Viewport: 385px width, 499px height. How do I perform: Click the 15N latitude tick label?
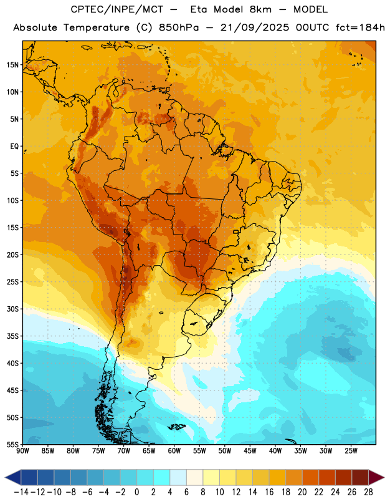pos(12,65)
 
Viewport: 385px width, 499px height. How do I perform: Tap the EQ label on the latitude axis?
pos(14,147)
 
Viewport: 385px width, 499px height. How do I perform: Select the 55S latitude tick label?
pos(12,444)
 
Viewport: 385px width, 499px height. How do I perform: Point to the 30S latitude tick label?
pos(12,309)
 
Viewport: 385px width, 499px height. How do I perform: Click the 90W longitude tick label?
pos(22,451)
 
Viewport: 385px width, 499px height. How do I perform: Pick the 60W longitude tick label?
pos(174,451)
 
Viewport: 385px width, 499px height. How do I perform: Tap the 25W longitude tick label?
pos(351,451)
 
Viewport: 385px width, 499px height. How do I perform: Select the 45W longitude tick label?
pos(250,451)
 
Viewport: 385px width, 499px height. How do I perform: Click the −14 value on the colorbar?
pos(21,492)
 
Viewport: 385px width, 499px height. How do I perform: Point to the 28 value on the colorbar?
pos(368,492)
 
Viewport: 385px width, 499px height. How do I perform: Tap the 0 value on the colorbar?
pos(136,492)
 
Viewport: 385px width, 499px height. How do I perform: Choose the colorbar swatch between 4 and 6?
pos(178,477)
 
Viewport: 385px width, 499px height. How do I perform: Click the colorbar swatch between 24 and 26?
pos(344,477)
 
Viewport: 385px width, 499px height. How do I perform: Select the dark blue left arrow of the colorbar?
pos(13,477)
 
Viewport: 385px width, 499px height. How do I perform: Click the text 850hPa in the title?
pos(179,27)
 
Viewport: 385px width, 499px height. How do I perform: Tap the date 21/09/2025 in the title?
pos(255,27)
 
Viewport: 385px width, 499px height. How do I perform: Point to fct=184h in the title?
pos(360,27)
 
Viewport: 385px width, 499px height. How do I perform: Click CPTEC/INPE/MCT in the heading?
pos(117,9)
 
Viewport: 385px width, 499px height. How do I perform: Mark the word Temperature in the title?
pos(97,27)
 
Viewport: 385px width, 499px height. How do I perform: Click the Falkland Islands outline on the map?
pos(176,427)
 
